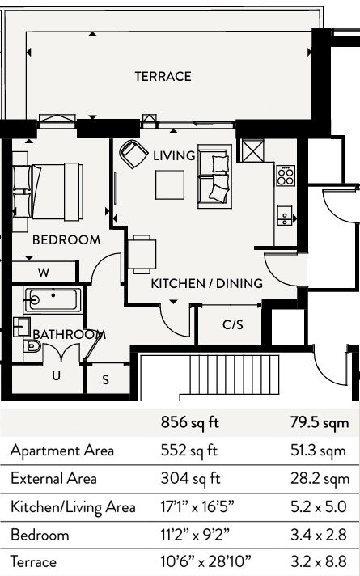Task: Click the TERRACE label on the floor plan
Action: [x=163, y=76]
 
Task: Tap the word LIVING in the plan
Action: [x=174, y=156]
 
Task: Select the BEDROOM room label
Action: [x=66, y=240]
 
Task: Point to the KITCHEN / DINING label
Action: [x=207, y=284]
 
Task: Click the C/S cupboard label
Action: [x=233, y=324]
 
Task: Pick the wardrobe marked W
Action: [x=44, y=273]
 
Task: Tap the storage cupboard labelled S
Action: [x=106, y=379]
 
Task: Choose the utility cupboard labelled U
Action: [x=56, y=375]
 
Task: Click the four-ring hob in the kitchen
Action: [x=286, y=176]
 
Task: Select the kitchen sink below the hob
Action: [x=285, y=216]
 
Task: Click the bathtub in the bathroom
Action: [x=53, y=300]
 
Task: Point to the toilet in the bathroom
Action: [x=32, y=346]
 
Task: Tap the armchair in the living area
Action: [x=133, y=154]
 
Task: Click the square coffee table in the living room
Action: [x=170, y=184]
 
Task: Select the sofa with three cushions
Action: [x=214, y=176]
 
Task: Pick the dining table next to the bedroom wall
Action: [x=142, y=254]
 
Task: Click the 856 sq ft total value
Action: [x=189, y=423]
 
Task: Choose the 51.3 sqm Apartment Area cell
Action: [x=318, y=451]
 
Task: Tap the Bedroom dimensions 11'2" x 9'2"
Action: [x=195, y=535]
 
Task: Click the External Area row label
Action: [x=53, y=479]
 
